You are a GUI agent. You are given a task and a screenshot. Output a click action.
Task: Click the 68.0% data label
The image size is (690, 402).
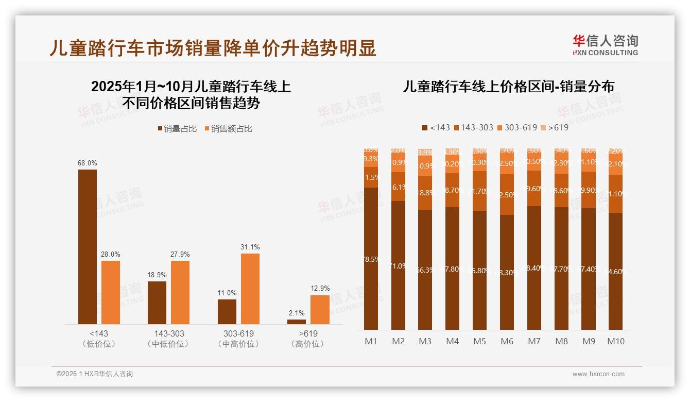point(88,163)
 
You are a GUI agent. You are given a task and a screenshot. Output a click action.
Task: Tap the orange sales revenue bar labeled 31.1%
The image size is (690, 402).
point(250,289)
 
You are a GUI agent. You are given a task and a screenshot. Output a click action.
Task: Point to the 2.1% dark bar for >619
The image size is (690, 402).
point(297,322)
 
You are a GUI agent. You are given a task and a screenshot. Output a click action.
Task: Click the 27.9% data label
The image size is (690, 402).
point(180,254)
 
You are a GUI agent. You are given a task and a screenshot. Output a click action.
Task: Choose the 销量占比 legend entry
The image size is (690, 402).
point(177,129)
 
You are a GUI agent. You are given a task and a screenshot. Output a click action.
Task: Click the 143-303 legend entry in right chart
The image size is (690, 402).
point(472,127)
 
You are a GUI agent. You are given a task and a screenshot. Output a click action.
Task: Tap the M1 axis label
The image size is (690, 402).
point(371,341)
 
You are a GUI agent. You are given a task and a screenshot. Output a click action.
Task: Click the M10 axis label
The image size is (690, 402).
point(615,341)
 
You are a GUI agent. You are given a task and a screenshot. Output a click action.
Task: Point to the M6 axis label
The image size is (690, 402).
point(507,341)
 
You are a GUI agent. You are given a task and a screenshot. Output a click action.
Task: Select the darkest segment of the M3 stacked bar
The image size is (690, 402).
point(425,270)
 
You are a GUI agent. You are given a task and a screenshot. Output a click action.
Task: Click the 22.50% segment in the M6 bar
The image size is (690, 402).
point(507,194)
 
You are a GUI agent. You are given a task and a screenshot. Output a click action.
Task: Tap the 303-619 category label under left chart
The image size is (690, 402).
point(238,338)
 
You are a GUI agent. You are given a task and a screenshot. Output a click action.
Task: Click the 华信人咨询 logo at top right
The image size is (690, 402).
point(605,45)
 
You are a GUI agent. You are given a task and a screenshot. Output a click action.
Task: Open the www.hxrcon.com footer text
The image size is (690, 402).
point(598,374)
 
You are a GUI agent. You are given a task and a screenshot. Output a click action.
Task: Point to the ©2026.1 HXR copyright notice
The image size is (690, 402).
point(94,374)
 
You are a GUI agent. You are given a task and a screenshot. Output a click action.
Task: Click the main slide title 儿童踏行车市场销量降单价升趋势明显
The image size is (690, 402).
point(213,47)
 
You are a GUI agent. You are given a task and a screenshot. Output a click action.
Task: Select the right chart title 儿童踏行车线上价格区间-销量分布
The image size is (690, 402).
point(508,87)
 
